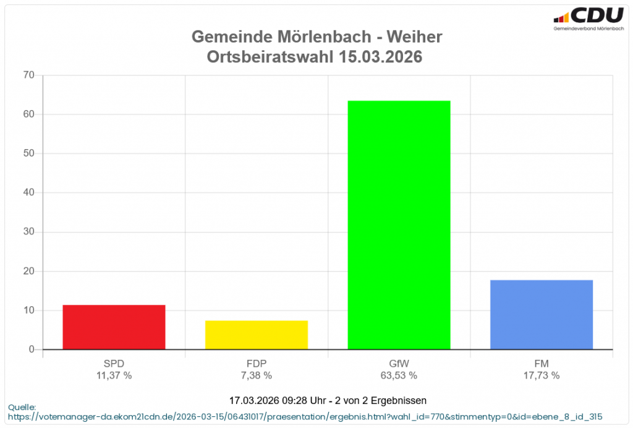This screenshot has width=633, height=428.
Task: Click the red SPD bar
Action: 114,327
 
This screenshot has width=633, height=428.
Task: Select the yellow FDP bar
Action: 257,335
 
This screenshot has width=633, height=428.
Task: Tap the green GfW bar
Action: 399,225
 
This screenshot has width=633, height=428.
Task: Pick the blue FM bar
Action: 542,315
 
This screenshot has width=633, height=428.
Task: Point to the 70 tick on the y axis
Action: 28,75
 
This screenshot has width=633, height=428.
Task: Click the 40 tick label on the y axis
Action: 28,193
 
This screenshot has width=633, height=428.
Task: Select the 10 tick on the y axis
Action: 28,310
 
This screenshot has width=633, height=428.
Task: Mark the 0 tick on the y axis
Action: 31,349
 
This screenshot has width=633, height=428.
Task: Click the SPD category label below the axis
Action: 114,364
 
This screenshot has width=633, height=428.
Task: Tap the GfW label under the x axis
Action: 399,364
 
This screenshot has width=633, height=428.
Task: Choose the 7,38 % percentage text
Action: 257,375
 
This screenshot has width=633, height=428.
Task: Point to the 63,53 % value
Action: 399,375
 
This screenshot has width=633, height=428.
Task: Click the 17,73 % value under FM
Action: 542,375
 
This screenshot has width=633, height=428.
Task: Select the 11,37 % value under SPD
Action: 114,375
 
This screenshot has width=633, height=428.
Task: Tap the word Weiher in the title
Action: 414,37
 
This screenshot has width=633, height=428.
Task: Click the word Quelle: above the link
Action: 22,407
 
